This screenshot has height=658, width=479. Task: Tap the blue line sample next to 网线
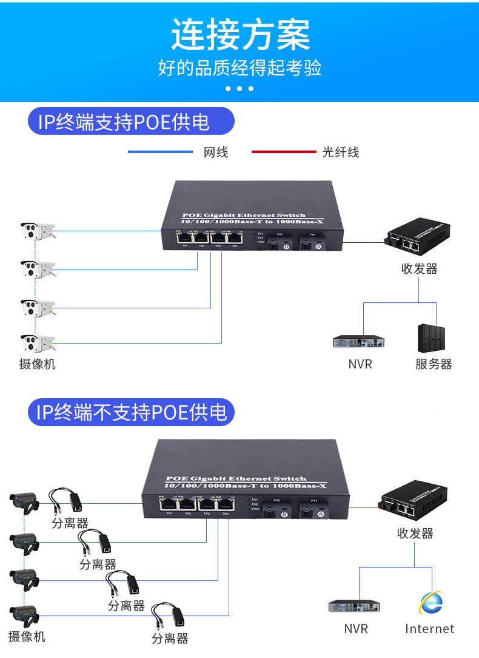click(x=160, y=152)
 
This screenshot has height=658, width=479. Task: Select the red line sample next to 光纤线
click(x=283, y=152)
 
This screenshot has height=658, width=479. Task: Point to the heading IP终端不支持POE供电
click(x=131, y=413)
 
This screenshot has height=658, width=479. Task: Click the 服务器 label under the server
click(x=434, y=364)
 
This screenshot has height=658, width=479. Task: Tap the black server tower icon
click(x=431, y=338)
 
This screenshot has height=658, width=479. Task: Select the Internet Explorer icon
click(x=430, y=603)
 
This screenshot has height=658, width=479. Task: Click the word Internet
click(x=429, y=629)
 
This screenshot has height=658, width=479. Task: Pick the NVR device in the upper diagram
click(x=360, y=342)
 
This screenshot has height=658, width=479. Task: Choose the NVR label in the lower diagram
click(x=356, y=629)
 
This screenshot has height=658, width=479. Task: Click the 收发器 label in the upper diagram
click(x=419, y=268)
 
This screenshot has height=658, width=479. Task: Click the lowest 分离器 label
click(x=170, y=639)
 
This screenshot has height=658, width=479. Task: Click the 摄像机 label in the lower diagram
click(x=27, y=637)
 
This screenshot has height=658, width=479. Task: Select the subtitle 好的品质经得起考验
click(x=239, y=67)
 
